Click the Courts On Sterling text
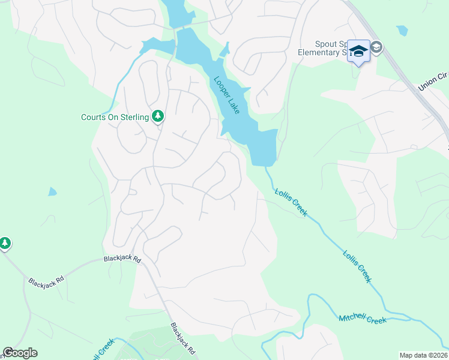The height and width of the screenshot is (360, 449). (115, 117)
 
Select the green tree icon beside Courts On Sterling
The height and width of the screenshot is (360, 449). (158, 116)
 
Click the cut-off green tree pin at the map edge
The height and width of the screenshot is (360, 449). (5, 243)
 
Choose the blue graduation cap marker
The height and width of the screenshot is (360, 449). (358, 51)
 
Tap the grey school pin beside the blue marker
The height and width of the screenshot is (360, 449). (376, 47)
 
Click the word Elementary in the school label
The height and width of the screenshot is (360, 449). (319, 52)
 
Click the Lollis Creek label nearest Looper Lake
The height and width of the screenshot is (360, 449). (291, 202)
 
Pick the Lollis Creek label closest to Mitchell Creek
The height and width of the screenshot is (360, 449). (357, 266)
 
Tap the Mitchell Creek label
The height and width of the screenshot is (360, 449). (363, 319)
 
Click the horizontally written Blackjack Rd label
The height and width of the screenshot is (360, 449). (121, 259)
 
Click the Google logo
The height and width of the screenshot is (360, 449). (20, 353)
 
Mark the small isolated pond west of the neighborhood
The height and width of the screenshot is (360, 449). (52, 192)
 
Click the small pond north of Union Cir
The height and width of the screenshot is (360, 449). (402, 30)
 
